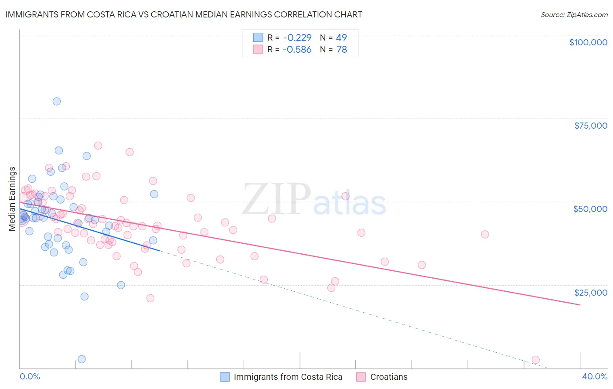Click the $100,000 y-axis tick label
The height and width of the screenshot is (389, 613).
[x=588, y=42]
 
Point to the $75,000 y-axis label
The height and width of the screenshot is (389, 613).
[x=590, y=126]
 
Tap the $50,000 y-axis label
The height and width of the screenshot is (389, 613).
[x=590, y=209]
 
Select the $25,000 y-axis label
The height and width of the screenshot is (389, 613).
[x=590, y=293]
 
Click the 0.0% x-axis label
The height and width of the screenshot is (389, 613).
[x=30, y=376]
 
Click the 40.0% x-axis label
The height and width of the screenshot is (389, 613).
[x=594, y=376]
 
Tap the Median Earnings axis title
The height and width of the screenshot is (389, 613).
[x=12, y=199]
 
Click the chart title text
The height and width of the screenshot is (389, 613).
[x=184, y=14]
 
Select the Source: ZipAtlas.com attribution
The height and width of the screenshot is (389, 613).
[x=574, y=14]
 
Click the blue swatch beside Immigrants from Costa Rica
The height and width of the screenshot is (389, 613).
[x=225, y=377]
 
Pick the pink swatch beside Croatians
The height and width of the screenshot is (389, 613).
[x=361, y=377]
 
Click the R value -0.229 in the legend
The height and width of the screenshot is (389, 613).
[x=297, y=38]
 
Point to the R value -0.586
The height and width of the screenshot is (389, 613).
[x=297, y=50]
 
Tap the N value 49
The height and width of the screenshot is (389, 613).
[x=341, y=38]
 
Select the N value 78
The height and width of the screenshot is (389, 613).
[x=341, y=50]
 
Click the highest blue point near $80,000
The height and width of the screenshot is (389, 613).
[x=57, y=102]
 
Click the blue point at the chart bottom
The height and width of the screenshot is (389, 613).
[x=82, y=359]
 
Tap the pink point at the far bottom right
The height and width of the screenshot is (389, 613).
[x=536, y=360]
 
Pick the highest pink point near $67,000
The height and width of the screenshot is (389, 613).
[x=98, y=146]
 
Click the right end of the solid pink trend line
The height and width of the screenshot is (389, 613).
[x=580, y=305]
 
